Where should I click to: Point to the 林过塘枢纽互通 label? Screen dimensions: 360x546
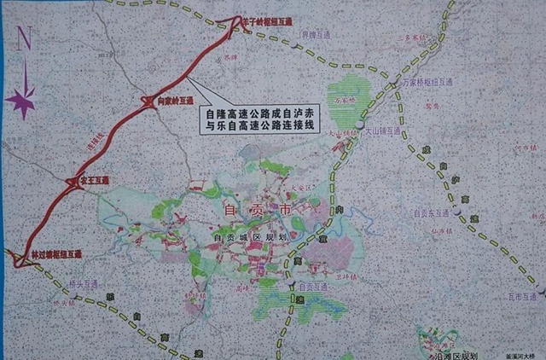coord(56,254)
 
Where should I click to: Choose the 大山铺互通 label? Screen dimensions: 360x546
coord(383,134)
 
